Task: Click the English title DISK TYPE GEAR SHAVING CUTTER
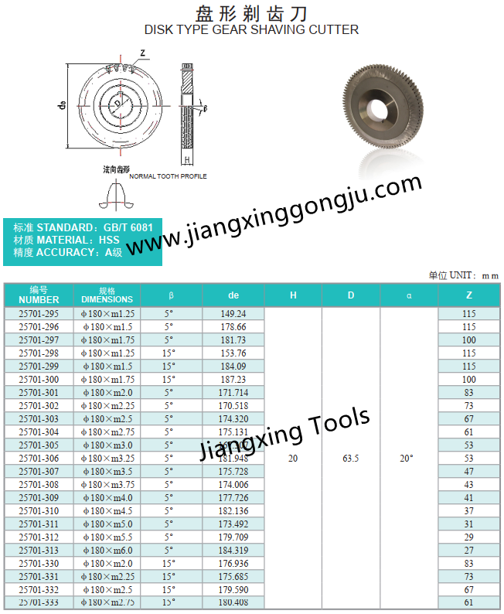tap(252, 29)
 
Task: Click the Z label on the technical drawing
tap(143, 53)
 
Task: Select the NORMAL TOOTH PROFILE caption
tap(168, 176)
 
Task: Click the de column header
tap(233, 295)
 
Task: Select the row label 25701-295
tap(39, 314)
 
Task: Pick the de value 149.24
tap(233, 314)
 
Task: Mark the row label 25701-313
tap(39, 551)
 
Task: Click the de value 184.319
tap(233, 551)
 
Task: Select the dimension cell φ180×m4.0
tap(107, 498)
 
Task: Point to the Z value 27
tap(468, 551)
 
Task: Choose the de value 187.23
tap(233, 380)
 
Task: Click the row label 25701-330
tap(39, 564)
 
